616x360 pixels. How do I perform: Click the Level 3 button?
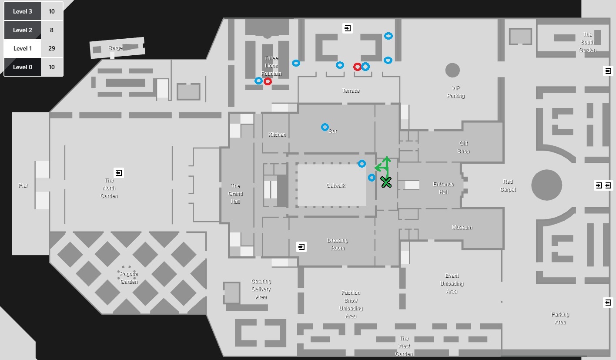[23, 11]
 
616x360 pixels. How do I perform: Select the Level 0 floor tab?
[23, 67]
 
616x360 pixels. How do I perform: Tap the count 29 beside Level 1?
[52, 48]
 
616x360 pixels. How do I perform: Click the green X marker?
[386, 182]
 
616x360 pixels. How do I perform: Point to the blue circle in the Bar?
[325, 127]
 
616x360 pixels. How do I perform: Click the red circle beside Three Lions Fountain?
[268, 81]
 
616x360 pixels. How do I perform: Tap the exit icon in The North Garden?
[119, 173]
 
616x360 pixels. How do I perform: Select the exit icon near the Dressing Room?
[301, 247]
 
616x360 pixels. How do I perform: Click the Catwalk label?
[336, 185]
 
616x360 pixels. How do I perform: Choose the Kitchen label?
[277, 135]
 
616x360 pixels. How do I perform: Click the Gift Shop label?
[463, 147]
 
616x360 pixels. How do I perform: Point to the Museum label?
[462, 227]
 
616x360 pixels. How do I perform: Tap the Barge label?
[115, 48]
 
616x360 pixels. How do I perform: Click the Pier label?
[23, 185]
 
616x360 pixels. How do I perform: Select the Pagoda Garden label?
[129, 278]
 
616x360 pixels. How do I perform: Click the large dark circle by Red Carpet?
[547, 185]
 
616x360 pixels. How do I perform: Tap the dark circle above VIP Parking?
[452, 70]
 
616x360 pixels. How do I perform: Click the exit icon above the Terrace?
[348, 28]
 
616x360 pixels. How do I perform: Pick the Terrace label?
[351, 91]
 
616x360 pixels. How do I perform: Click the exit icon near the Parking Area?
[608, 303]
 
